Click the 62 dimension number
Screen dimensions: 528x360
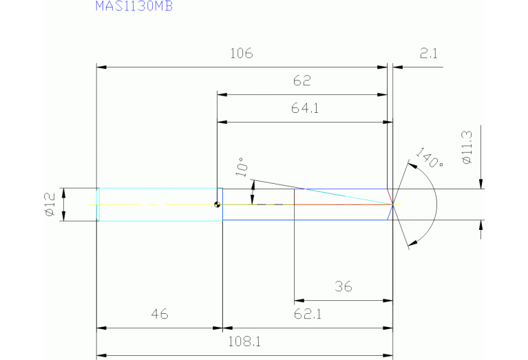point(302,82)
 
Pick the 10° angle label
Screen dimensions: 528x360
point(241,167)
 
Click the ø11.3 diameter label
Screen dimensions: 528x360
point(467,147)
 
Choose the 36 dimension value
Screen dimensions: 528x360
point(343,287)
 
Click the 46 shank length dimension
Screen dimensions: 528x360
point(160,315)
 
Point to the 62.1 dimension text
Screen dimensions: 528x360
point(308,315)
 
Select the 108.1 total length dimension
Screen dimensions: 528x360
point(244,341)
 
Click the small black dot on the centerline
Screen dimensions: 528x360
point(218,204)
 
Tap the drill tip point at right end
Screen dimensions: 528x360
point(392,204)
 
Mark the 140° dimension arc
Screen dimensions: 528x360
point(436,204)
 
